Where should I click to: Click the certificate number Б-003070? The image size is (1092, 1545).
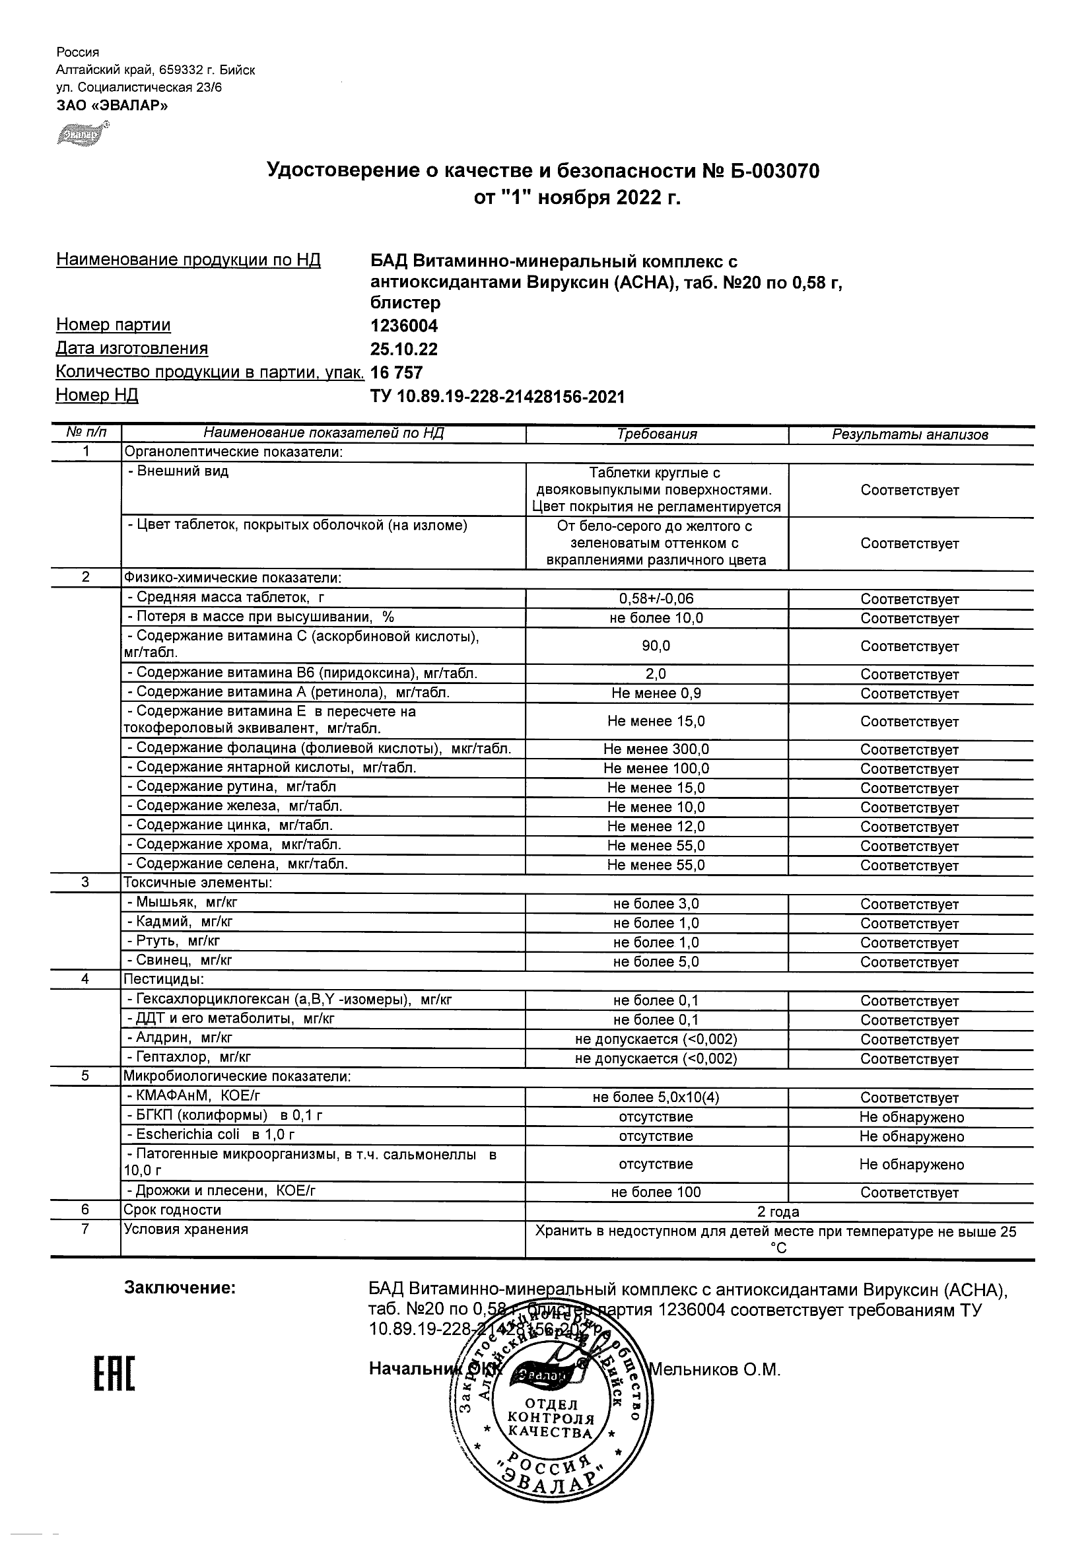(x=775, y=172)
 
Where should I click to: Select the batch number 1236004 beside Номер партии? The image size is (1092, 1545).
(x=403, y=326)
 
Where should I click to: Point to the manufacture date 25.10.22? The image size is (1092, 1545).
(x=403, y=349)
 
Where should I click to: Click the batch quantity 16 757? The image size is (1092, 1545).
(x=396, y=373)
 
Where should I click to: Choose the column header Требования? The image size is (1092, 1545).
(x=657, y=434)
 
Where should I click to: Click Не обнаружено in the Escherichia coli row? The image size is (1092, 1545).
(x=911, y=1136)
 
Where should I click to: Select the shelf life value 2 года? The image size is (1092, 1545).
(x=778, y=1212)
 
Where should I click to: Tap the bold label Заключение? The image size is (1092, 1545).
(x=180, y=1288)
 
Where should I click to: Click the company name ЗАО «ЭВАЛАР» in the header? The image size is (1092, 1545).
(x=112, y=106)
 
